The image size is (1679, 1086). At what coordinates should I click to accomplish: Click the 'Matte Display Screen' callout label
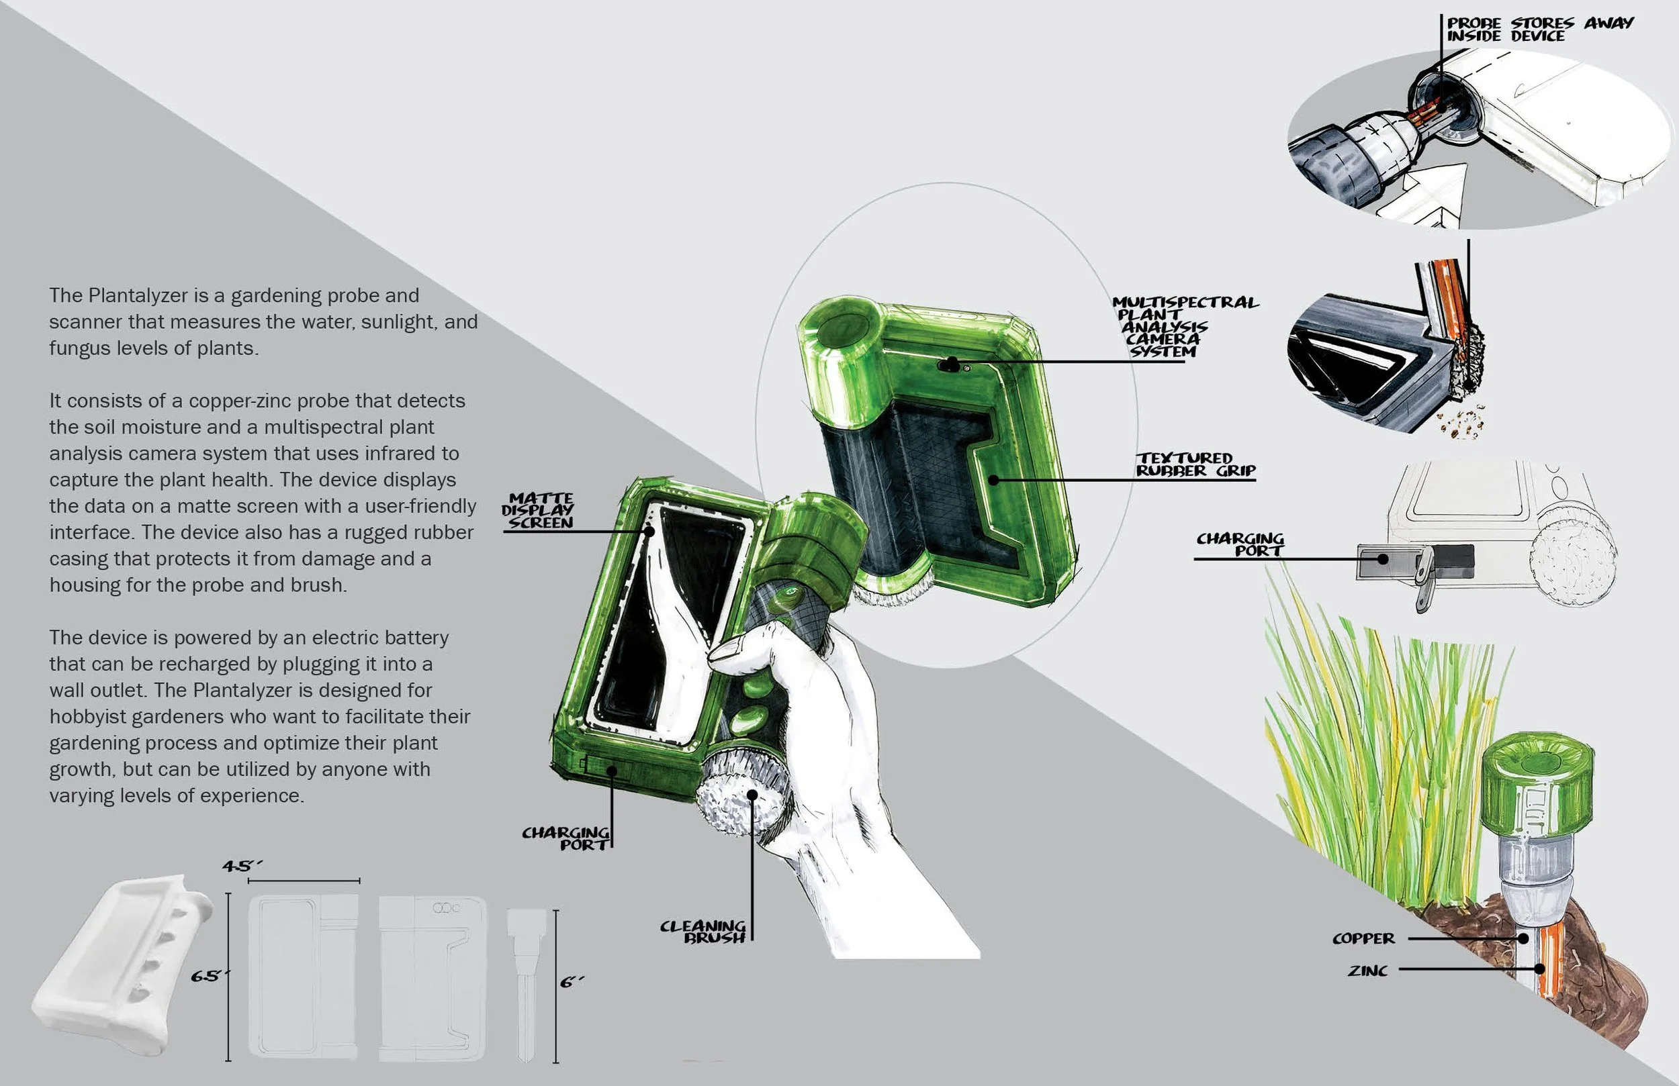537,511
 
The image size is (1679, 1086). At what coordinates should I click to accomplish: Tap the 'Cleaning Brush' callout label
702,932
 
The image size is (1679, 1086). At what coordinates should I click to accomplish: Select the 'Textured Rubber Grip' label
1195,464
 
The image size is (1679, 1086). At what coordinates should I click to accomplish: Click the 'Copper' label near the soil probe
1363,938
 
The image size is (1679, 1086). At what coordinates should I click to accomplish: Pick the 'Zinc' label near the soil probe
1367,971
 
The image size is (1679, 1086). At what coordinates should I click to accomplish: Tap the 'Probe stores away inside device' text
1539,29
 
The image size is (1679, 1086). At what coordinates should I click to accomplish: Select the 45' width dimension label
242,866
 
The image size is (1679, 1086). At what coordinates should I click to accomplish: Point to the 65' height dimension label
210,977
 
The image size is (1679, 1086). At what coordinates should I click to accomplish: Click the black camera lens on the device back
951,364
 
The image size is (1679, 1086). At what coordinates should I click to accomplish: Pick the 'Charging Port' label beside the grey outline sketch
1240,544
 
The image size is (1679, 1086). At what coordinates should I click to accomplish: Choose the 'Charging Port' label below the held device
565,838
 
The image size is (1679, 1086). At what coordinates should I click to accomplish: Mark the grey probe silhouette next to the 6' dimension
527,985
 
